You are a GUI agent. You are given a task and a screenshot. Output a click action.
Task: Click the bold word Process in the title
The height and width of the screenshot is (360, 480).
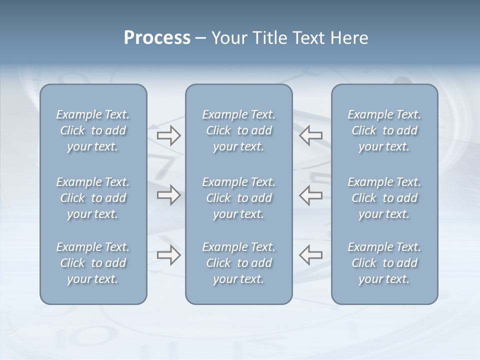pyautogui.click(x=157, y=38)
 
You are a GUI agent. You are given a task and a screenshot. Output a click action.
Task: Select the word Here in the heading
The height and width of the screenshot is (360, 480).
pyautogui.click(x=349, y=38)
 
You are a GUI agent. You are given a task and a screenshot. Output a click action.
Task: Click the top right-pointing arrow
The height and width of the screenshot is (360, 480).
pyautogui.click(x=168, y=135)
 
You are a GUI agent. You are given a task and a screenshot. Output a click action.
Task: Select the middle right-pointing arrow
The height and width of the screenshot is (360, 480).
pyautogui.click(x=168, y=195)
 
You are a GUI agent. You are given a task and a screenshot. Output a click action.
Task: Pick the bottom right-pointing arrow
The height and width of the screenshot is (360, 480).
pyautogui.click(x=168, y=255)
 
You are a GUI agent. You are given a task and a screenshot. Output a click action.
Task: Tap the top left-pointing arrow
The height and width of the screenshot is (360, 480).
pyautogui.click(x=311, y=135)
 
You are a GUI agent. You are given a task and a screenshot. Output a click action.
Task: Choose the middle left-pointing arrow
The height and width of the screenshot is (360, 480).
pyautogui.click(x=311, y=195)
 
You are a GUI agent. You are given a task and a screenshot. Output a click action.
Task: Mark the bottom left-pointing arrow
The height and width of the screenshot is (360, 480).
pyautogui.click(x=311, y=255)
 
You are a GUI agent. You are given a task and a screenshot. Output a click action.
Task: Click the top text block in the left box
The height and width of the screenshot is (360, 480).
pyautogui.click(x=93, y=130)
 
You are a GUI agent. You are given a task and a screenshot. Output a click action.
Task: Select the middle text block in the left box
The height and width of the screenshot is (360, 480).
pyautogui.click(x=93, y=198)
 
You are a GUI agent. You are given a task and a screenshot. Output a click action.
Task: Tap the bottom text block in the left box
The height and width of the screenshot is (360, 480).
pyautogui.click(x=93, y=263)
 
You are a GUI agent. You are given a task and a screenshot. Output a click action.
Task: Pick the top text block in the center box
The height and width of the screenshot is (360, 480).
pyautogui.click(x=238, y=130)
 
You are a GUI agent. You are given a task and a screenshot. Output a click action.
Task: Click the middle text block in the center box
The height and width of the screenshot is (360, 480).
pyautogui.click(x=238, y=198)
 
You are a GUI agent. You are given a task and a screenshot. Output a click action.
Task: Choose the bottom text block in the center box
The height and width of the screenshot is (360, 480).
pyautogui.click(x=238, y=263)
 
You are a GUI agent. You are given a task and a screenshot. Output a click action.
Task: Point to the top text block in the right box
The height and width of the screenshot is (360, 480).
pyautogui.click(x=384, y=130)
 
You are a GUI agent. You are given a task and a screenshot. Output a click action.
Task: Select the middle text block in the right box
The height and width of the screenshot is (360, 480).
pyautogui.click(x=384, y=198)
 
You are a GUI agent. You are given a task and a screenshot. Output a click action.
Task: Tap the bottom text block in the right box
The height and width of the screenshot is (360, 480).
pyautogui.click(x=384, y=263)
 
